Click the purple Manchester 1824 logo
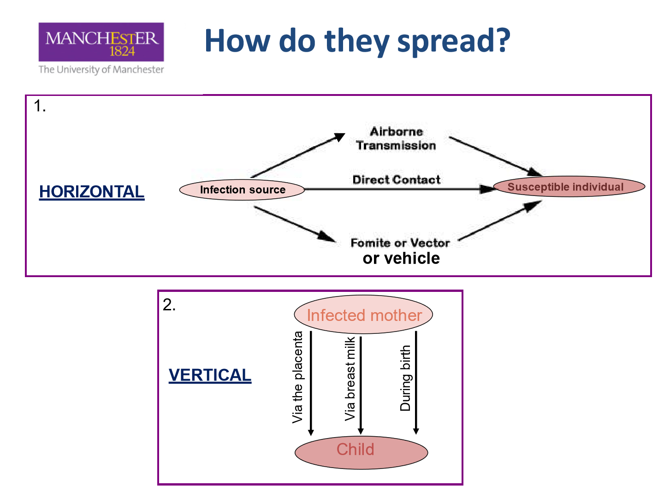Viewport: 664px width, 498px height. pyautogui.click(x=101, y=41)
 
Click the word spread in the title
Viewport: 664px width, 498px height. pyautogui.click(x=453, y=41)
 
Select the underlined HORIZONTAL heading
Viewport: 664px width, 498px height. pyautogui.click(x=92, y=192)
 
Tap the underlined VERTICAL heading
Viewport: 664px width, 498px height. pyautogui.click(x=210, y=375)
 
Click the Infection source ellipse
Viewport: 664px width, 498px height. pyautogui.click(x=242, y=190)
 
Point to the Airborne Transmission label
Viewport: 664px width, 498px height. pyautogui.click(x=396, y=138)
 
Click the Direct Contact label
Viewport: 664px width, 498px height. pyautogui.click(x=396, y=180)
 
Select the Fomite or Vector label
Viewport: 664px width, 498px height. pyautogui.click(x=400, y=243)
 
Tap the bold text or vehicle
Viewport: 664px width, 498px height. pyautogui.click(x=401, y=259)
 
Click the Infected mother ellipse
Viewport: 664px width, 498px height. pyautogui.click(x=363, y=314)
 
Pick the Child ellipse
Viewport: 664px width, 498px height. pyautogui.click(x=361, y=453)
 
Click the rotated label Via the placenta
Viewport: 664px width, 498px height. pyautogui.click(x=298, y=377)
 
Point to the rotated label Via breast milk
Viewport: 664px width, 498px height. pyautogui.click(x=350, y=379)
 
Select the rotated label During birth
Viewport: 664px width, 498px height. pyautogui.click(x=405, y=378)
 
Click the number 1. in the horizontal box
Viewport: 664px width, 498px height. pyautogui.click(x=40, y=106)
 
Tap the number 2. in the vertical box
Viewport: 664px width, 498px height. pyautogui.click(x=169, y=304)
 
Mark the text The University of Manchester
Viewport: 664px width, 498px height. pyautogui.click(x=101, y=70)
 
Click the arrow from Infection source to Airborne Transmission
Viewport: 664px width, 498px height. pyautogui.click(x=298, y=155)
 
